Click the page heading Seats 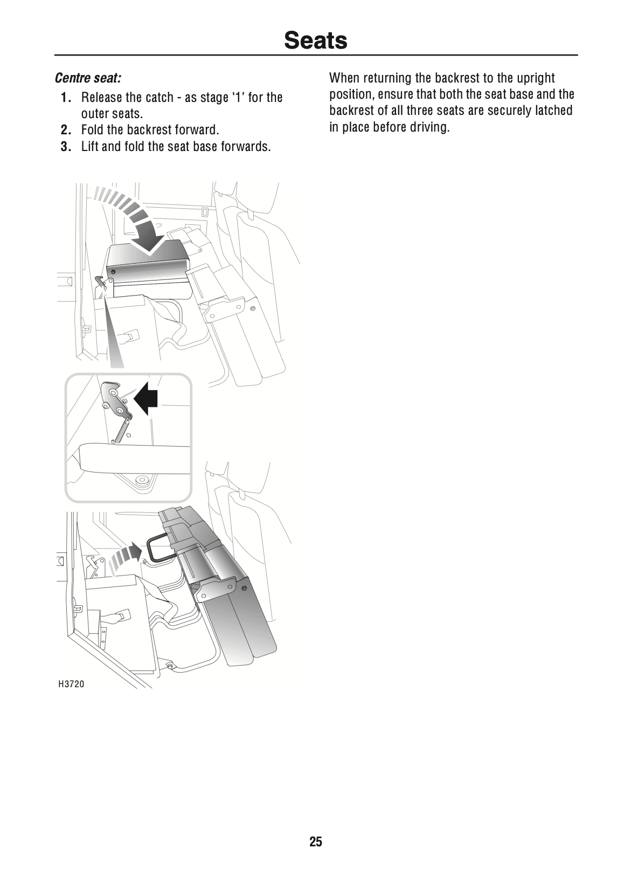click(x=315, y=40)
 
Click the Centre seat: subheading click(x=88, y=78)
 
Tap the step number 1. click(x=66, y=98)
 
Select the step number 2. click(x=66, y=130)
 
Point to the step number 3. click(x=66, y=147)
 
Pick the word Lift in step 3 click(x=89, y=147)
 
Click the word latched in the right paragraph click(x=553, y=111)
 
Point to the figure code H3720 click(x=71, y=685)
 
